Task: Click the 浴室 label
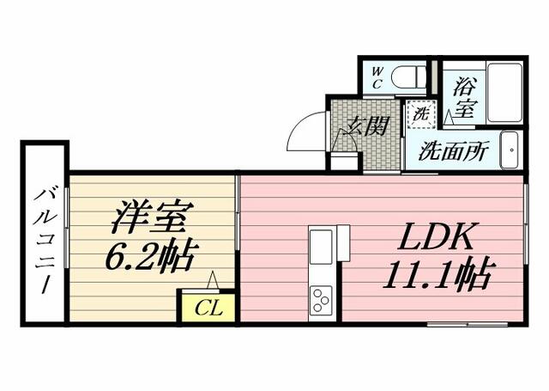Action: pos(465,96)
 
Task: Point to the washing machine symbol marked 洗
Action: pos(421,113)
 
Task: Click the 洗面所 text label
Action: pos(453,151)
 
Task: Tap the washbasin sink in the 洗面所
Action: pos(510,151)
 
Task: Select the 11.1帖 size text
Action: pos(437,277)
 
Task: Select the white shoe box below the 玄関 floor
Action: pos(345,161)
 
